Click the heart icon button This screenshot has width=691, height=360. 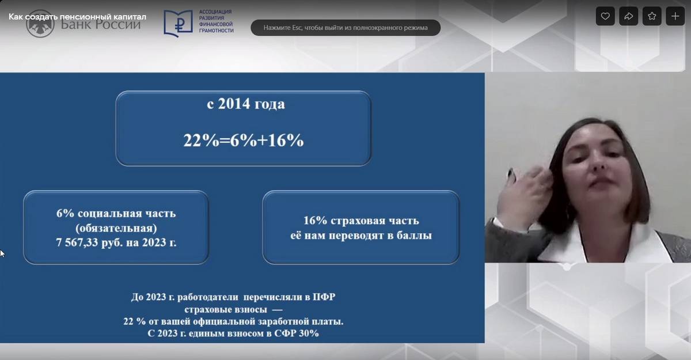[x=605, y=16]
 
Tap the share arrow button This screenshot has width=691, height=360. [x=628, y=16]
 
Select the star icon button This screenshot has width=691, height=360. [x=652, y=16]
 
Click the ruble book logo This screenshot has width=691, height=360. [x=178, y=23]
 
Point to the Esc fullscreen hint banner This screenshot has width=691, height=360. [x=345, y=28]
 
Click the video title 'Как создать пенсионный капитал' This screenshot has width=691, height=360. [x=77, y=17]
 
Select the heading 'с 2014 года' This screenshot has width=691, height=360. [x=246, y=104]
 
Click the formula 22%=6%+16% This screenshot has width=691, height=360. [x=244, y=141]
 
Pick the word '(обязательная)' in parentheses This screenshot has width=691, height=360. [x=116, y=228]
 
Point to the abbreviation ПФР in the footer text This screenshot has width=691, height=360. [x=324, y=297]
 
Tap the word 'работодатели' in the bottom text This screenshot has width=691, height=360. [x=208, y=297]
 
